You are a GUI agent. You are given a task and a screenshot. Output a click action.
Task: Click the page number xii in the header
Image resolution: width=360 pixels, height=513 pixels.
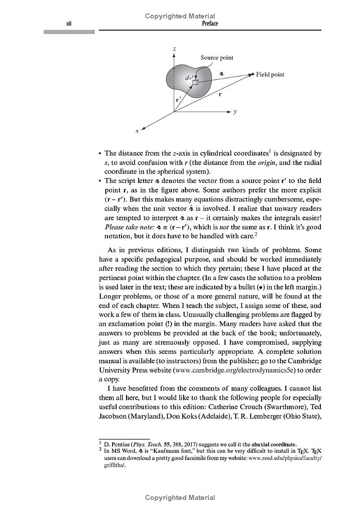(x=69, y=24)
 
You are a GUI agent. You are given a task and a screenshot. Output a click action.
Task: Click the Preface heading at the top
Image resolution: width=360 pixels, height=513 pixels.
(x=210, y=24)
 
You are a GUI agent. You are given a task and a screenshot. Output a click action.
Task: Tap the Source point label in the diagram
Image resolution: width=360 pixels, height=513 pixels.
(x=217, y=58)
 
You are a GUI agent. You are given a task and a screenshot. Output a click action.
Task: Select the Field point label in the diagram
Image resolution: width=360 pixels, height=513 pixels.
(x=270, y=75)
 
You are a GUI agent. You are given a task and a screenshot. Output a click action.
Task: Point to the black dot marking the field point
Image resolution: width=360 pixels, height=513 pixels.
(x=252, y=74)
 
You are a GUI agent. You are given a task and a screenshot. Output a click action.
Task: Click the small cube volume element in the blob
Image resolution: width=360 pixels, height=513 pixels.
(x=195, y=83)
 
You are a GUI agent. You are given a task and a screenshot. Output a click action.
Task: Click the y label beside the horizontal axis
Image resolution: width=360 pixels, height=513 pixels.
(x=235, y=112)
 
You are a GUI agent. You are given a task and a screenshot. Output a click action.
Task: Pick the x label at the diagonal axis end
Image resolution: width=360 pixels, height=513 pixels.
(x=137, y=131)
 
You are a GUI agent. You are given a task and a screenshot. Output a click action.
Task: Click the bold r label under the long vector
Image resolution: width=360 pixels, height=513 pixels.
(x=220, y=95)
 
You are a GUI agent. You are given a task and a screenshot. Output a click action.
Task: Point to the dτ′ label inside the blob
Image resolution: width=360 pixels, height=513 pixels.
(x=190, y=77)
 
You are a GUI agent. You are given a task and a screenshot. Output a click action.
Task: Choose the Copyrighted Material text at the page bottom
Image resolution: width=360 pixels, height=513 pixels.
(x=180, y=498)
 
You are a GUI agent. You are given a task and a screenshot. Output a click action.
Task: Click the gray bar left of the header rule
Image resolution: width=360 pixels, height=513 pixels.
(x=69, y=32)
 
